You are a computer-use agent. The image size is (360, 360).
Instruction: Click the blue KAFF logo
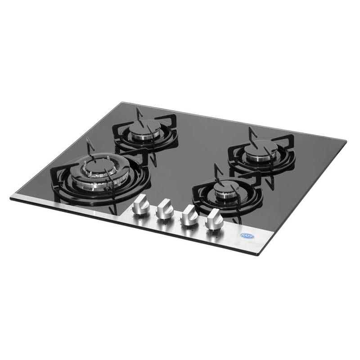tap(247, 236)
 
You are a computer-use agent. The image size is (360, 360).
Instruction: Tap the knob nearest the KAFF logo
tap(213, 220)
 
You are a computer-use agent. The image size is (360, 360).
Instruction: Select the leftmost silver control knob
tap(140, 206)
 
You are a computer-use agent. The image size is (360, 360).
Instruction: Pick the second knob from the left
tap(164, 210)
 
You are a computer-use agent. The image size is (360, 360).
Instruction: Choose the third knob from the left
tap(188, 214)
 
